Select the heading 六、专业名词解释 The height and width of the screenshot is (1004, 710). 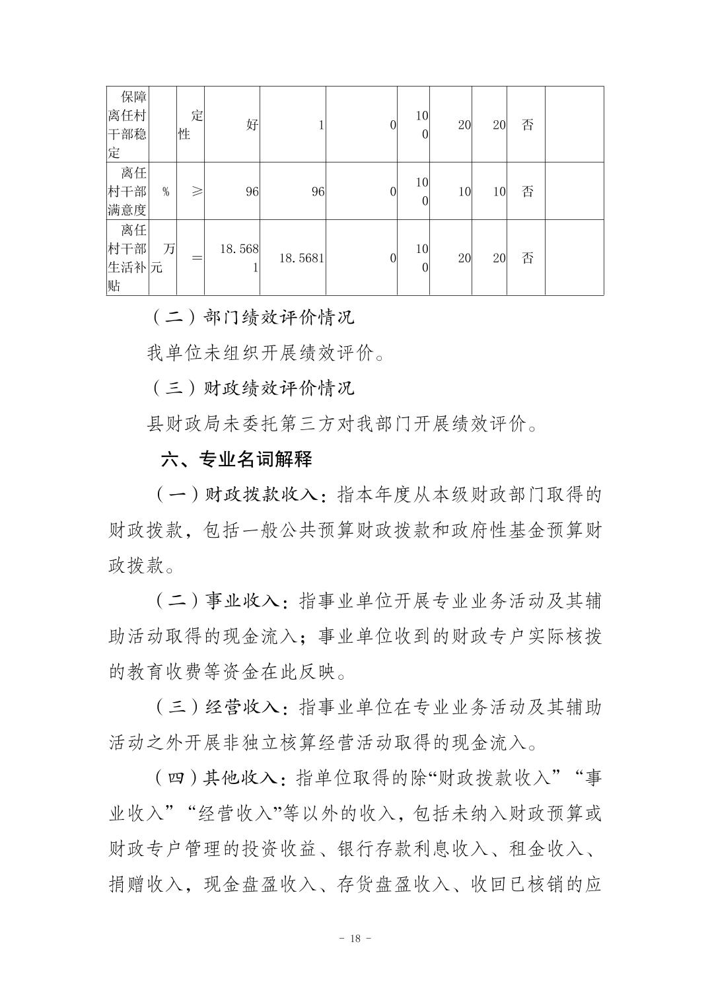pos(236,459)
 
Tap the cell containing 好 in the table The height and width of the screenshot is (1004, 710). pos(252,124)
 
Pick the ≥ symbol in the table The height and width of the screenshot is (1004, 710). pos(196,192)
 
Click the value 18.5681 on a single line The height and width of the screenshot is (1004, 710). pos(301,258)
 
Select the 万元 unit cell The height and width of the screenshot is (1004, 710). pos(163,258)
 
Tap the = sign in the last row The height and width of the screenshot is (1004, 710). pos(196,258)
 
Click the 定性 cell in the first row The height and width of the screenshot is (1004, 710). pos(191,124)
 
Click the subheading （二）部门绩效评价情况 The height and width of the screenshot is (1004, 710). pos(252,317)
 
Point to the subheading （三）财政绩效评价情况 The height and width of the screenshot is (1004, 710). pos(252,388)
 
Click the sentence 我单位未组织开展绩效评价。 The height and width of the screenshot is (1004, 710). pos(266,353)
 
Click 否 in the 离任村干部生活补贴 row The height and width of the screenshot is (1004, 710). pos(527,258)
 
